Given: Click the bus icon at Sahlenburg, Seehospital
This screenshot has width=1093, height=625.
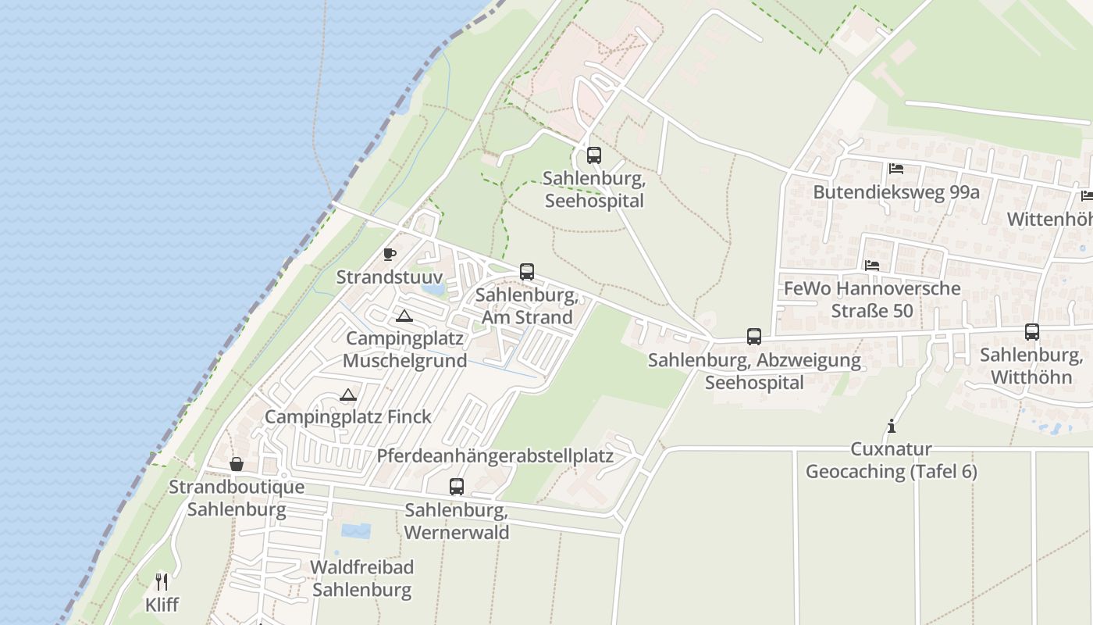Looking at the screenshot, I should pos(594,155).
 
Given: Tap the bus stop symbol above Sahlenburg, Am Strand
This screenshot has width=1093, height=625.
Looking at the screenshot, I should pos(527,272).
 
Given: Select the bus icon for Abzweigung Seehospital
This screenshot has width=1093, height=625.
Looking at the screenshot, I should pos(754,337).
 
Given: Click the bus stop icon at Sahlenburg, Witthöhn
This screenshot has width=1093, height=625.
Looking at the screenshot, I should pos(1032,332).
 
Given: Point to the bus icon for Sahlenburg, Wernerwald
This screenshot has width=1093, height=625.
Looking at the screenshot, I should pos(457,487).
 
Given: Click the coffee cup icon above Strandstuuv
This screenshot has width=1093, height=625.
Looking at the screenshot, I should pos(389,254).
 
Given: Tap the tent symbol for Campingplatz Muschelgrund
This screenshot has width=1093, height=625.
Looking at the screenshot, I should pos(404,316).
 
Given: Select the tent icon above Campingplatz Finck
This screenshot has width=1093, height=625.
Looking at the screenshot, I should pos(348,395).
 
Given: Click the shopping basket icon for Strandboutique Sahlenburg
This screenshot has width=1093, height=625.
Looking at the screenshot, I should pos(237,464).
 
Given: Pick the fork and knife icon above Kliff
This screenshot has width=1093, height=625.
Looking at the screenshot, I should pos(162,581).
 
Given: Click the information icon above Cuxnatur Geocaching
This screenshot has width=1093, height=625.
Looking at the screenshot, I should pos(891,426).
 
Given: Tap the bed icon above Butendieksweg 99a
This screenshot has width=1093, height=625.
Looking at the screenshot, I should pos(895,169).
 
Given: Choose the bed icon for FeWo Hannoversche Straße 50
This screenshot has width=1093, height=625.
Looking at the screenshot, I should pos(872,266).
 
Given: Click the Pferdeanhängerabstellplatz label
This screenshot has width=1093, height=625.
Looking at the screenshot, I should pos(495,455).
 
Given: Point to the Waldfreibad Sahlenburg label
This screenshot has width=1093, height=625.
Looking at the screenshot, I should pos(362,578).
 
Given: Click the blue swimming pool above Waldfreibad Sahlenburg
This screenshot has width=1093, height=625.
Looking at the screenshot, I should pos(356,531).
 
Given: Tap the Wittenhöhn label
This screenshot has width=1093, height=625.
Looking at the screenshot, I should pos(1049,219).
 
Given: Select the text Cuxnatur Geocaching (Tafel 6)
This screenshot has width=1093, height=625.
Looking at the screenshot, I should pos(891,461).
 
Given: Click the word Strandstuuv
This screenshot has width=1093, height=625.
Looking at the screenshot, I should pos(390,277).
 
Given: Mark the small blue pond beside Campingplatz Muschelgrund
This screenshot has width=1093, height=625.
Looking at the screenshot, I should pos(433,289).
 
